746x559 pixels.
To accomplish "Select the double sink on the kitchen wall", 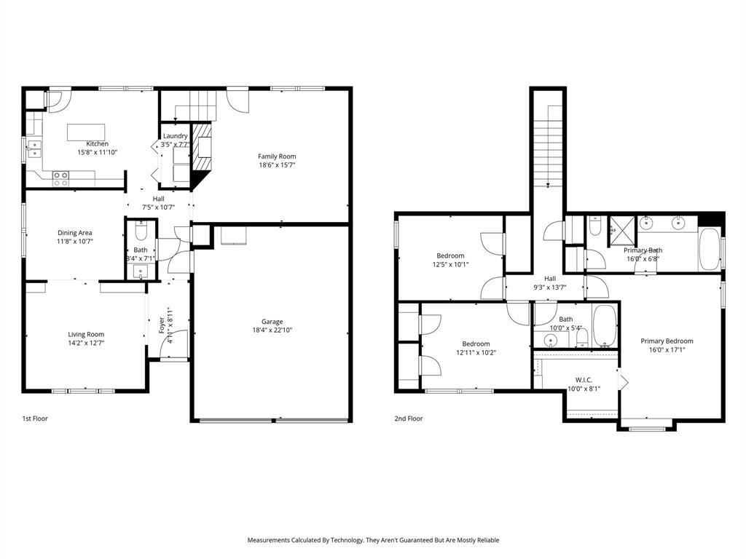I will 34,149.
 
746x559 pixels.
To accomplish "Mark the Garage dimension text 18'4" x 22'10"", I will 272,330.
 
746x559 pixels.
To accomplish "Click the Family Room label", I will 277,156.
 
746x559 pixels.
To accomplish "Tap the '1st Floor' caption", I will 35,419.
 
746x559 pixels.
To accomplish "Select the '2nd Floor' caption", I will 409,419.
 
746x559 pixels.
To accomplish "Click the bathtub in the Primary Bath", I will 709,250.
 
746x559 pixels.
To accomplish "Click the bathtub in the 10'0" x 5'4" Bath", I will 605,327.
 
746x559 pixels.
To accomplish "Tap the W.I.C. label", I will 584,379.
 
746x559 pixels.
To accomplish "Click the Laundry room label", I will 175,135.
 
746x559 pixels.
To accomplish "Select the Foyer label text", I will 161,325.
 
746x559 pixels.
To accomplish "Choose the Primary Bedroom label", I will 667,341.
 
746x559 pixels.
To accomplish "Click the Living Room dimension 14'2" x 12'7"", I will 86,343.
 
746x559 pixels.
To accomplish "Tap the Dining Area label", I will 75,233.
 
